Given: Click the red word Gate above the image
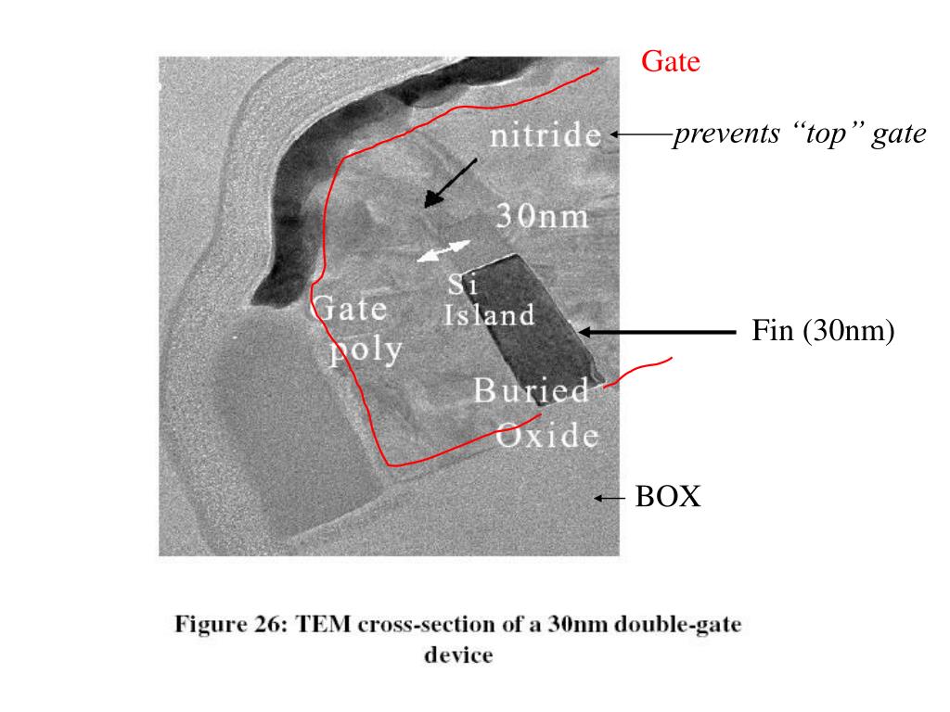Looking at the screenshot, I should pyautogui.click(x=670, y=63).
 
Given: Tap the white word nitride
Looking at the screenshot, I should pyautogui.click(x=546, y=137).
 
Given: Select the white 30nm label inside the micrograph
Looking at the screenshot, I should pyautogui.click(x=542, y=216).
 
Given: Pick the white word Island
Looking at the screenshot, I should pyautogui.click(x=489, y=315).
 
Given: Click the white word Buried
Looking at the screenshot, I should pyautogui.click(x=531, y=390).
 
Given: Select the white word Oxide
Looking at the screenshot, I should pyautogui.click(x=546, y=434).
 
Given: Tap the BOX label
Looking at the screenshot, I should pyautogui.click(x=668, y=498).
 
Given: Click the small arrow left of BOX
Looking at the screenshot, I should pyautogui.click(x=610, y=499).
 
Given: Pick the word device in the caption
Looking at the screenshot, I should pyautogui.click(x=456, y=655).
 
